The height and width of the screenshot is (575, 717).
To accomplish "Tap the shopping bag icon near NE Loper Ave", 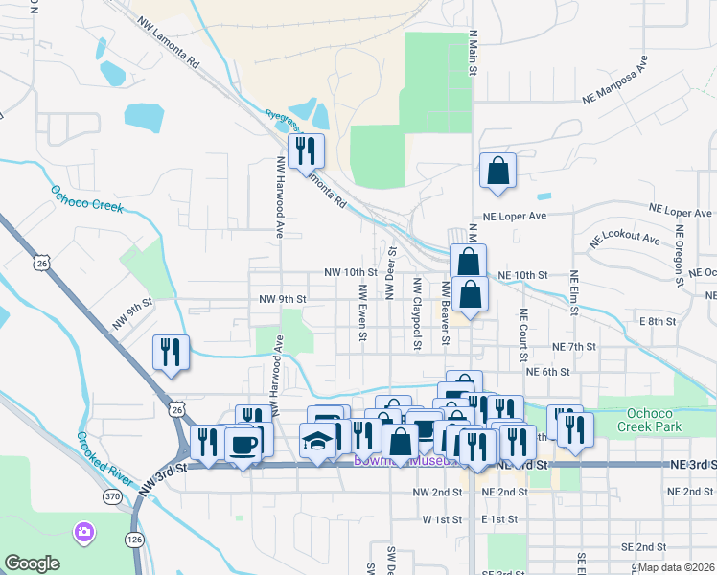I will click(x=497, y=172).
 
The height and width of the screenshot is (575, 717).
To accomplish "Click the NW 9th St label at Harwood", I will click(x=282, y=299).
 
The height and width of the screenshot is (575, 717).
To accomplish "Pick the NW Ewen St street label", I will click(x=363, y=311).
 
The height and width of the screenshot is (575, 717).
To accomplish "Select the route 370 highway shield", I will click(x=113, y=496).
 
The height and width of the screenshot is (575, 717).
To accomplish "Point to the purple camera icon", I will click(x=84, y=530).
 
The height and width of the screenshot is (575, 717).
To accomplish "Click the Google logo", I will click(x=33, y=563).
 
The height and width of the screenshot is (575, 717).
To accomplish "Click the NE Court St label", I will click(x=523, y=328).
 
